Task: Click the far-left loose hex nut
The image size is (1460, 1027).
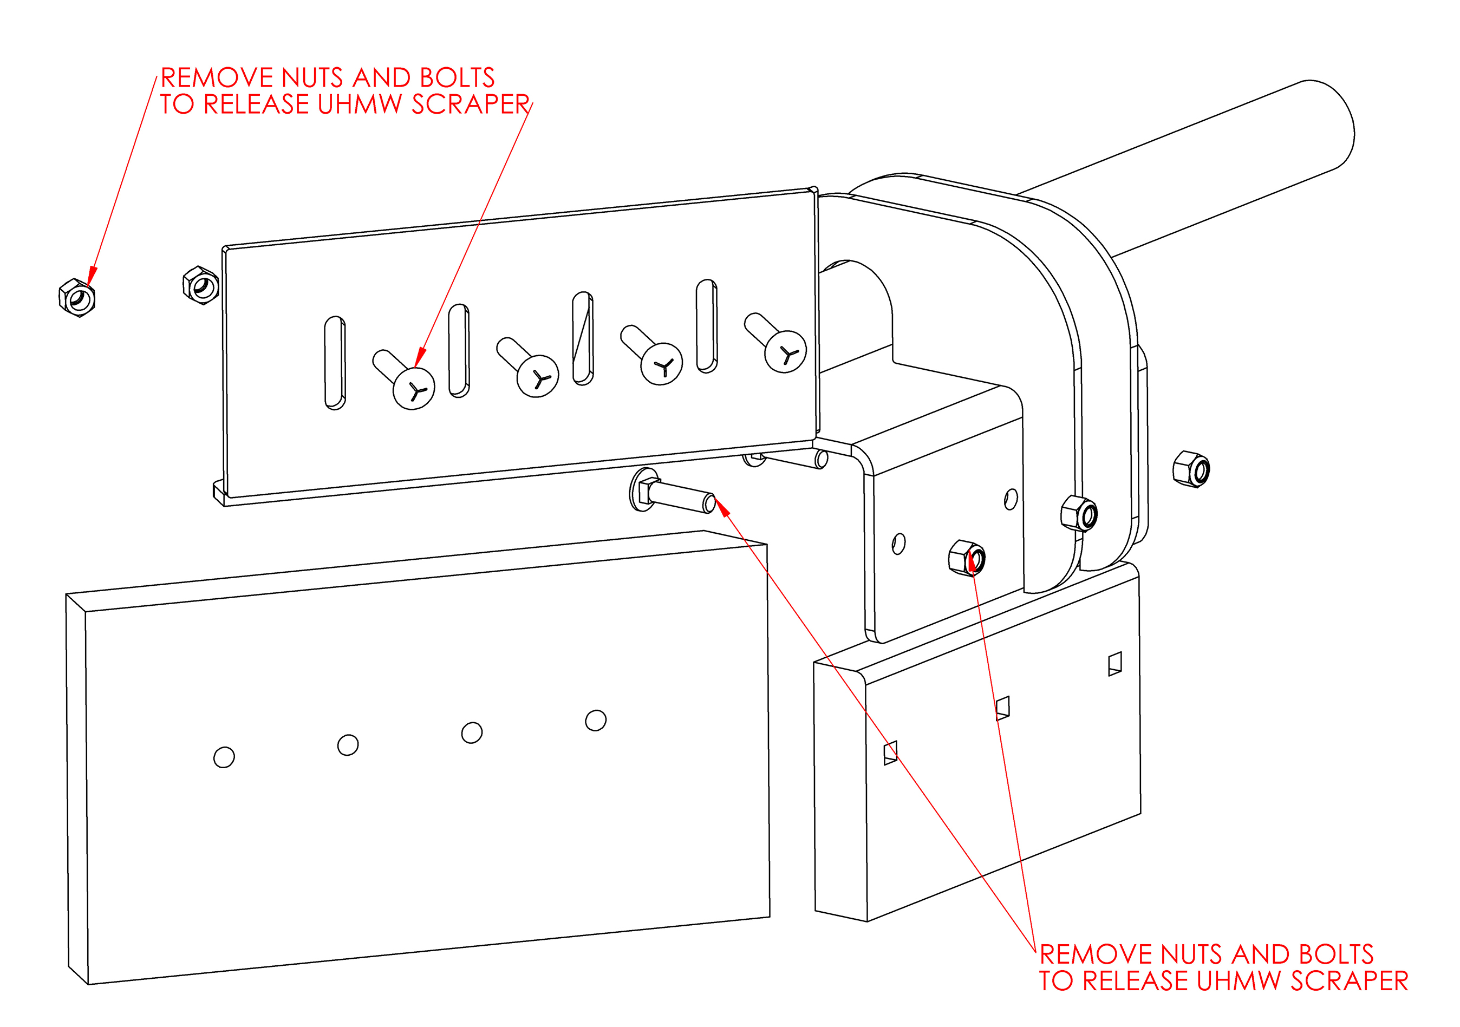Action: point(77,297)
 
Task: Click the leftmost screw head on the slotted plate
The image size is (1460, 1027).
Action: point(413,388)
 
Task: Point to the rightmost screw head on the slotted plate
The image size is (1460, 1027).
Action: point(785,351)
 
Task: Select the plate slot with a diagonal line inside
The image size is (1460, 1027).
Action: point(583,338)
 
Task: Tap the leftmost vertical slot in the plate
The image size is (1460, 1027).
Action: point(335,362)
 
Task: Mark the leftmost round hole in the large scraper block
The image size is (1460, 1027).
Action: point(224,757)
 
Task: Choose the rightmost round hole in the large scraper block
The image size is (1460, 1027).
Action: point(596,720)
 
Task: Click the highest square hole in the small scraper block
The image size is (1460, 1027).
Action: point(1114,664)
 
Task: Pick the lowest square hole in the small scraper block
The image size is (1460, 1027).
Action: point(890,753)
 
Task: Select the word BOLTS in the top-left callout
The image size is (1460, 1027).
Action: point(457,78)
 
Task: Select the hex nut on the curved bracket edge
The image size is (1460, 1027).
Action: point(1079,513)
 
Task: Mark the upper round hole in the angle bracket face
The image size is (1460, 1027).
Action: point(1011,499)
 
